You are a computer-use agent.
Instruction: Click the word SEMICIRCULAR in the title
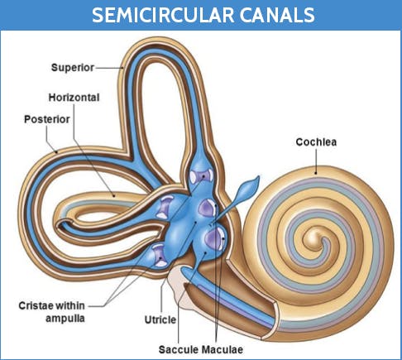tap(163, 15)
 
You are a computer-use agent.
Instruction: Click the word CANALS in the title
tap(277, 15)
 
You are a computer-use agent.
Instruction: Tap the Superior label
tap(73, 68)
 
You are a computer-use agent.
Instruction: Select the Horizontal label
tap(74, 98)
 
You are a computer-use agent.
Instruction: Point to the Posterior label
tap(47, 119)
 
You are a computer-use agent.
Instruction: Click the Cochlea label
tap(316, 142)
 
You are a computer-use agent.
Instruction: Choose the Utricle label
tap(160, 319)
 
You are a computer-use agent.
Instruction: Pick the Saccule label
tap(179, 350)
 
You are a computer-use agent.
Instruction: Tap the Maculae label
tap(222, 350)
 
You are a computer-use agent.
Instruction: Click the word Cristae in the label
tap(35, 305)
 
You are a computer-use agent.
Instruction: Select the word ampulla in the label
tap(65, 319)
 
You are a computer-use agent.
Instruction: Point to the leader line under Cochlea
tap(316, 161)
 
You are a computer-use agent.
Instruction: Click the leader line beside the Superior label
tap(109, 68)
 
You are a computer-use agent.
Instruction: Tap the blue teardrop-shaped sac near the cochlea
tap(247, 189)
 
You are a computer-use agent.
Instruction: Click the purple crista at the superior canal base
tap(201, 176)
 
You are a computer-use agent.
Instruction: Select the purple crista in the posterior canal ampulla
tap(160, 256)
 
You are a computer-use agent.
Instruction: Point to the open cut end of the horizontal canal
tap(65, 223)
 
